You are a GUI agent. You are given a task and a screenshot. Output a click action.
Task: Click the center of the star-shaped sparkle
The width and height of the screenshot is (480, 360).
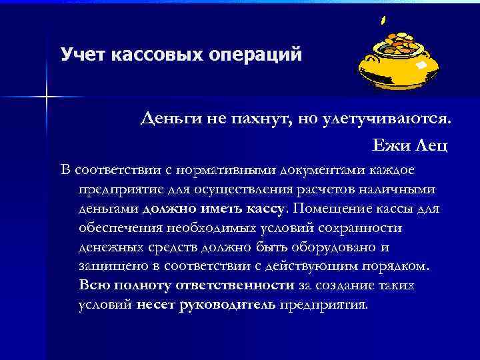point(47,97)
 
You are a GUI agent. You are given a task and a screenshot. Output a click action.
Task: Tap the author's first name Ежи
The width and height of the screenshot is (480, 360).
point(393,143)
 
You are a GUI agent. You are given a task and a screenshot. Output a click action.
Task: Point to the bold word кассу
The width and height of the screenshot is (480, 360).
point(267,209)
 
